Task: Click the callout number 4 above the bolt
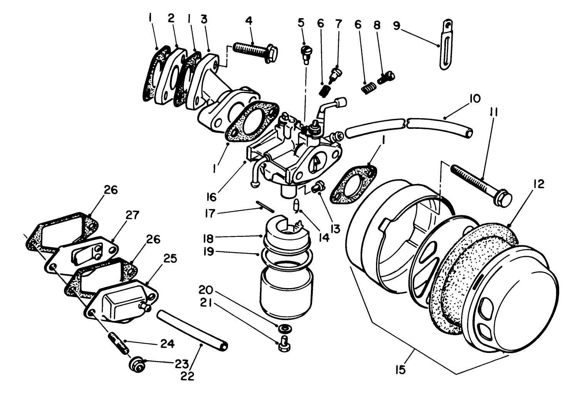(x=249, y=20)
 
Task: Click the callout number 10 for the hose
(x=475, y=99)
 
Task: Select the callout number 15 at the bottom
(x=400, y=370)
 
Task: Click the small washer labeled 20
(x=285, y=329)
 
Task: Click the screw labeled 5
(x=305, y=52)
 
